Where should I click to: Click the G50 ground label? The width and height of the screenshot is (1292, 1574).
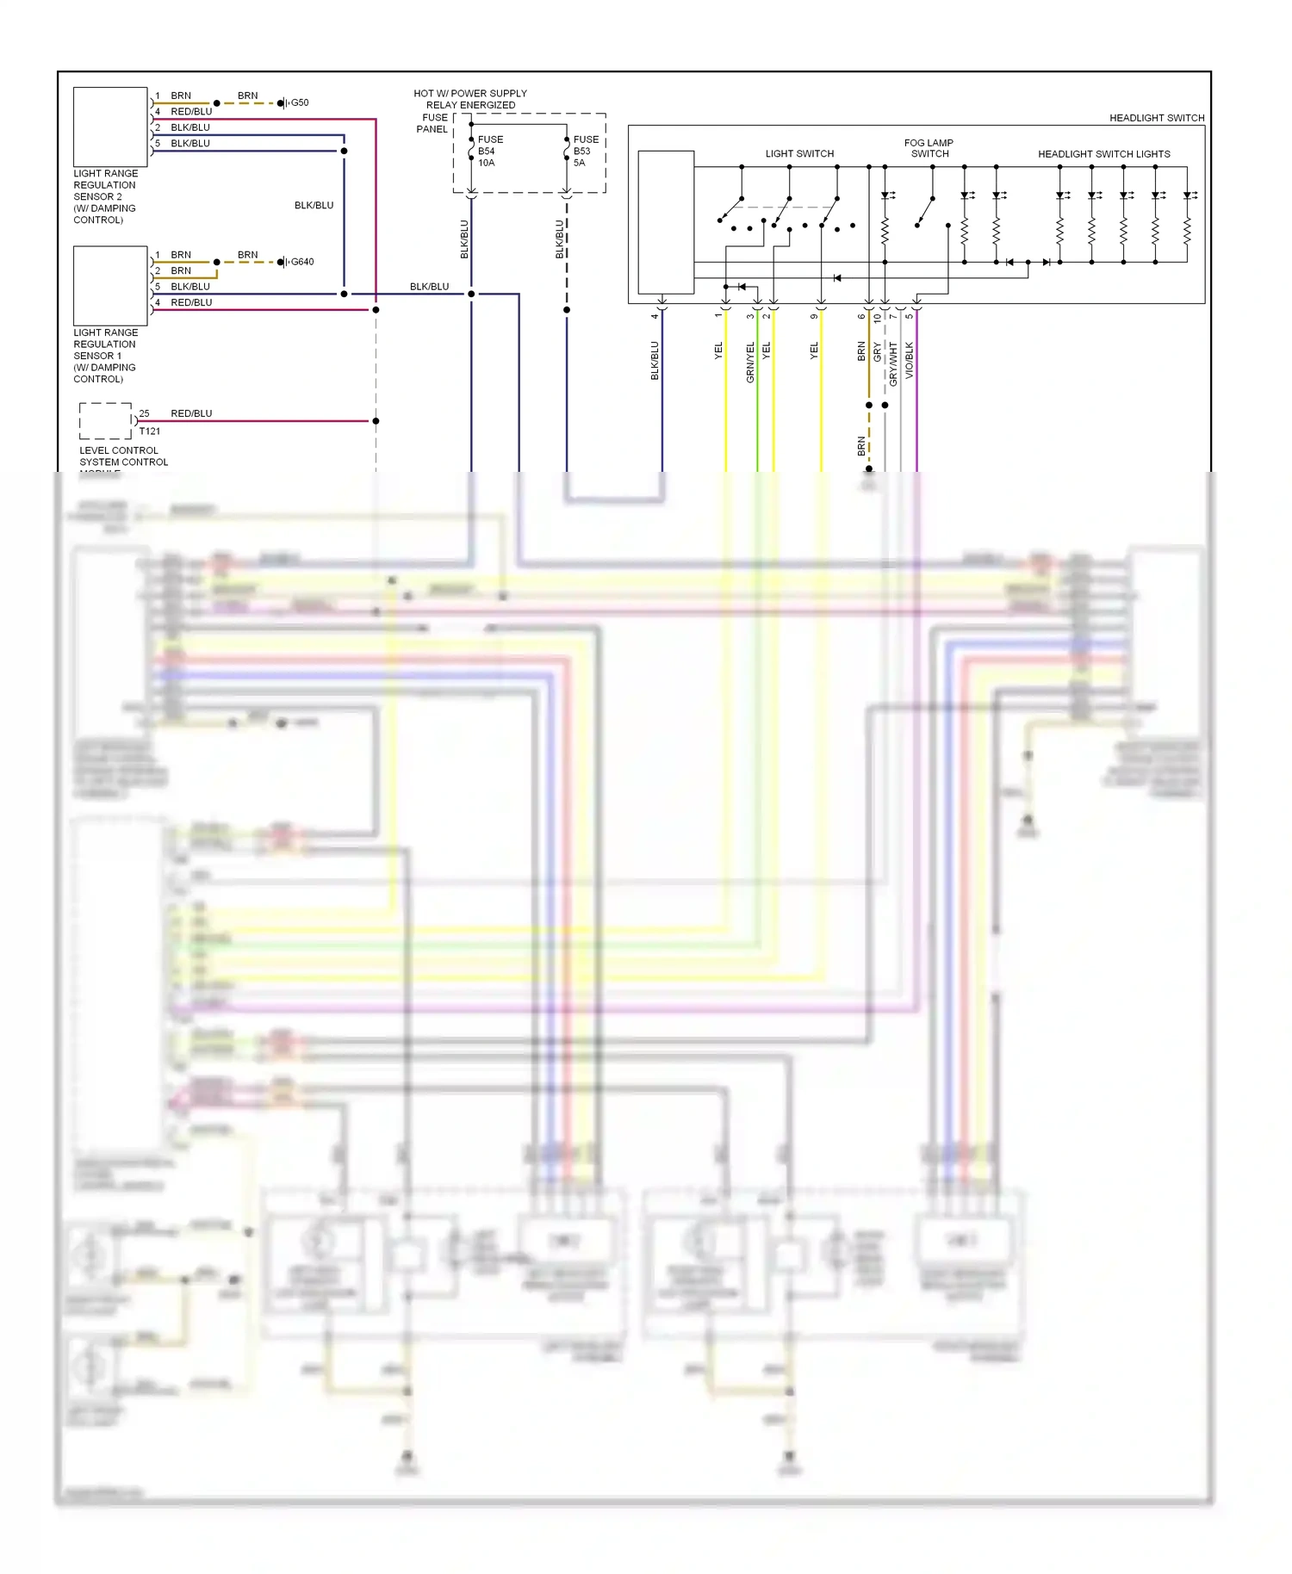point(299,102)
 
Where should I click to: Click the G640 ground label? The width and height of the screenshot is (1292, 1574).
point(301,262)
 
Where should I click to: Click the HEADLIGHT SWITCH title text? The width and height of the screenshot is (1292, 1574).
point(1156,118)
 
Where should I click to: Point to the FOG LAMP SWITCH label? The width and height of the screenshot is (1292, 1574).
point(929,148)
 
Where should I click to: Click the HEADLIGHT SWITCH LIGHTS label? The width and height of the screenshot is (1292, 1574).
point(1103,154)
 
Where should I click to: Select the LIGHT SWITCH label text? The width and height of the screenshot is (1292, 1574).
point(799,154)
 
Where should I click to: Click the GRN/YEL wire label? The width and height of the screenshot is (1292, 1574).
point(750,363)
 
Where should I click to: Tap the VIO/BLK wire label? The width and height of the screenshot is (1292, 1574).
point(910,361)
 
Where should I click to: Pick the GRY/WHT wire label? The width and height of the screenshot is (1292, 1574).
point(893,363)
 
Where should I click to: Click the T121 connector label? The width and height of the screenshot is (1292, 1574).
point(150,431)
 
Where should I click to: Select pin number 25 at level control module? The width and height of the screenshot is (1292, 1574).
point(144,413)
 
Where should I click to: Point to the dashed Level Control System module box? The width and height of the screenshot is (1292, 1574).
point(105,421)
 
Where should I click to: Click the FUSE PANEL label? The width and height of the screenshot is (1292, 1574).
point(433,123)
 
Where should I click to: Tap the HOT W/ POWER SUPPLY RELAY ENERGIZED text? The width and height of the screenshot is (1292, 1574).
point(470,99)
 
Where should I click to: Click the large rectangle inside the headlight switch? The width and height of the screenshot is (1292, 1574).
point(666,222)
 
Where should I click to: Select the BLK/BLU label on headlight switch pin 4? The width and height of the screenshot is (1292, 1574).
point(655,361)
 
